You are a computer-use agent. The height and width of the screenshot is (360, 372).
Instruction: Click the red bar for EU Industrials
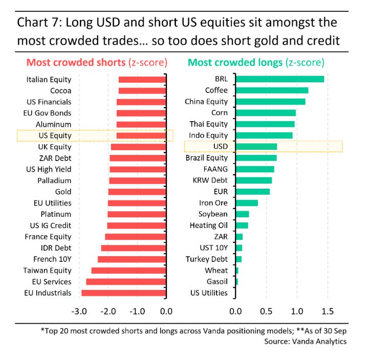point(123,293)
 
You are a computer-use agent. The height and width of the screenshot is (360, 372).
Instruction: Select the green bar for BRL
point(279,79)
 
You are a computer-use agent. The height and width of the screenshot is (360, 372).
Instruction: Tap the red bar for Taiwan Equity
point(128,271)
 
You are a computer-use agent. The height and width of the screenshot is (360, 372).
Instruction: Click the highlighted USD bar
point(256,147)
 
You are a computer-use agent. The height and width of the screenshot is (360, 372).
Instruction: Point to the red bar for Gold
point(137,192)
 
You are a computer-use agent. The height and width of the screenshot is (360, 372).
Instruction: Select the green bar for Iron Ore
point(247,203)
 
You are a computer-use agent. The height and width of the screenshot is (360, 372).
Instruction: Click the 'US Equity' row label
point(55,136)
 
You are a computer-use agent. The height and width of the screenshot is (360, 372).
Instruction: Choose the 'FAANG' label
point(216,169)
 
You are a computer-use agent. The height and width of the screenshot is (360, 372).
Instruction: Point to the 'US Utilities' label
point(209,293)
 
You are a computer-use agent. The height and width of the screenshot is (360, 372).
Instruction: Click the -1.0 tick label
point(137,311)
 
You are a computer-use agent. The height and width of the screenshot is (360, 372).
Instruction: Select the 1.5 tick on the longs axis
point(327,311)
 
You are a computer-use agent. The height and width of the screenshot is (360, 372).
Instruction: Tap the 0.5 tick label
point(266,311)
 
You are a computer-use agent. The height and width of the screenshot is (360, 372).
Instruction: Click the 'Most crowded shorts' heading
point(75,63)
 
